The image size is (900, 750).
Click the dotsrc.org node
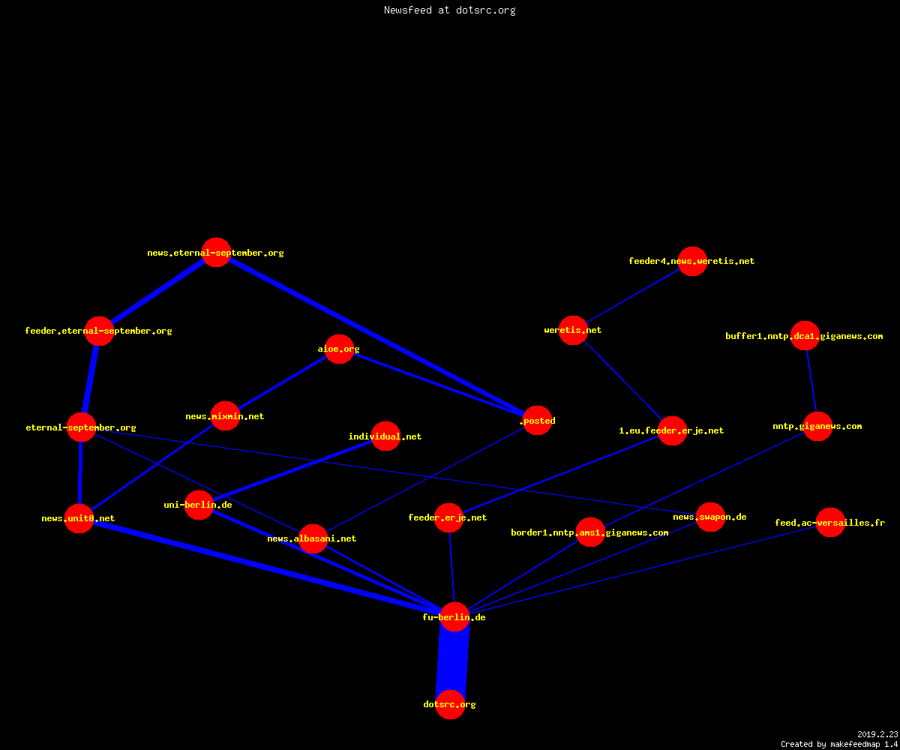click(450, 704)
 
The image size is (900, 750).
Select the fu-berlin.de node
click(454, 616)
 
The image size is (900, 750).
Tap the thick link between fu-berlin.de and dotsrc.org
click(452, 661)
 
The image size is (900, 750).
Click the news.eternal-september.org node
click(217, 252)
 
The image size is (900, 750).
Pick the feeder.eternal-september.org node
click(99, 331)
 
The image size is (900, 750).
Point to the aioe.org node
click(339, 349)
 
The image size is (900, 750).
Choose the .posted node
click(538, 420)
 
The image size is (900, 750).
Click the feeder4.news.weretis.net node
click(693, 261)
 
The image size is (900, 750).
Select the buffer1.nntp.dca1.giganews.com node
click(805, 335)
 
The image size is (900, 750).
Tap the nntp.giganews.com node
click(817, 426)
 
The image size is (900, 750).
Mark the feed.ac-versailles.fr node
click(830, 523)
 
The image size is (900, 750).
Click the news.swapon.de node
click(710, 517)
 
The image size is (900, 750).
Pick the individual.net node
click(385, 436)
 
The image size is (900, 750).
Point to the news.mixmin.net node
click(225, 416)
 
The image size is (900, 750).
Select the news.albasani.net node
click(313, 538)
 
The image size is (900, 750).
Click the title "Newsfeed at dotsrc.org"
click(449, 10)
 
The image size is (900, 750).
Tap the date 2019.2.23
click(877, 734)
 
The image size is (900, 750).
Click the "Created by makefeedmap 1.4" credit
click(839, 744)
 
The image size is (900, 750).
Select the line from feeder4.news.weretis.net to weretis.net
click(633, 295)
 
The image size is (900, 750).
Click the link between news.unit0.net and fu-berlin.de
click(266, 567)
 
